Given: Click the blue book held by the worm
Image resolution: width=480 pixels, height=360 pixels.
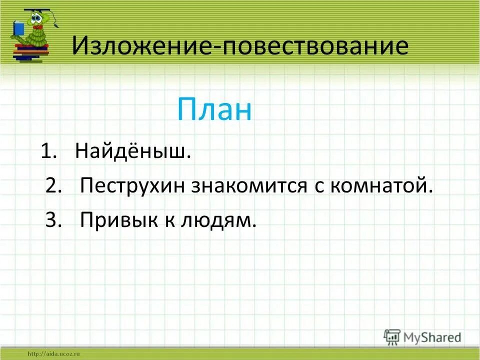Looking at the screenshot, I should point(18,27).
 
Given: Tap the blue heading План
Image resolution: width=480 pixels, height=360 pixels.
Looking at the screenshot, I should point(214,110).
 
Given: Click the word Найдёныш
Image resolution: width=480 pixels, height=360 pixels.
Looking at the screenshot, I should point(133,151).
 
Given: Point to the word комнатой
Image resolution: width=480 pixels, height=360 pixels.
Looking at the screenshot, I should point(380,186).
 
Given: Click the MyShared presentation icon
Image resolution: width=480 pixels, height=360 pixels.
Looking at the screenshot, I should point(392,337).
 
